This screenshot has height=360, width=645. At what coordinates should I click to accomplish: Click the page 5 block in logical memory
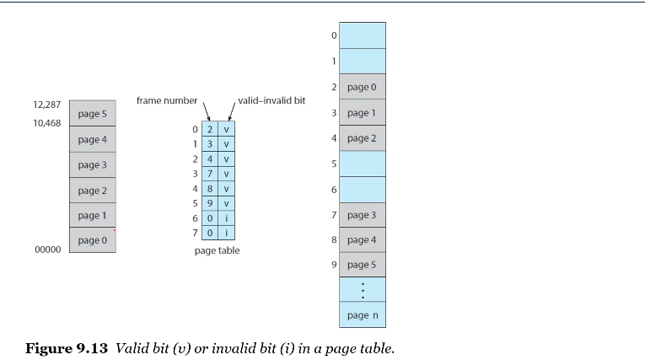[92, 114]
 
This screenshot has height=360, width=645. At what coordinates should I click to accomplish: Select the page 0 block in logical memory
[92, 240]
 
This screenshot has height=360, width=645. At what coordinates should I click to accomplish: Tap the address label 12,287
[46, 105]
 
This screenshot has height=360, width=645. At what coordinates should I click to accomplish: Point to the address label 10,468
[46, 123]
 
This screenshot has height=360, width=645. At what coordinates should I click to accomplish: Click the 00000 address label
[46, 250]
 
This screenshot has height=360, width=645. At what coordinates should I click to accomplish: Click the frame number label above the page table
[166, 101]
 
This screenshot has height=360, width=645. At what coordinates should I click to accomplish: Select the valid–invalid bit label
[271, 100]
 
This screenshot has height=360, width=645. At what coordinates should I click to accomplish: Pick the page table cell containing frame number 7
[210, 174]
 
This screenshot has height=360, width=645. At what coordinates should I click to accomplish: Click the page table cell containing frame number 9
[210, 203]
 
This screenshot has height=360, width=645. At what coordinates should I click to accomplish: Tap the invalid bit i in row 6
[227, 218]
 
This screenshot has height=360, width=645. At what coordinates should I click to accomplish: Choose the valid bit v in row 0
[227, 130]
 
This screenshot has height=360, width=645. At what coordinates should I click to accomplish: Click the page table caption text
[216, 250]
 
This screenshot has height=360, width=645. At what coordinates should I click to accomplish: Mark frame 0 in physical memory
[363, 35]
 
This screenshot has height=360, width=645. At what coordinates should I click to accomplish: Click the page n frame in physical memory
[363, 314]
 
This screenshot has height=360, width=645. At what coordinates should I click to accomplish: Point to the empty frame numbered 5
[363, 164]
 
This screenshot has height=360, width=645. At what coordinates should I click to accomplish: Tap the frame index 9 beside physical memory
[334, 266]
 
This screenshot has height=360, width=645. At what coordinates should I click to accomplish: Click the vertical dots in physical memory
[363, 289]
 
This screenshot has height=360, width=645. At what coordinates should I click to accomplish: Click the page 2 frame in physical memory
[363, 137]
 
